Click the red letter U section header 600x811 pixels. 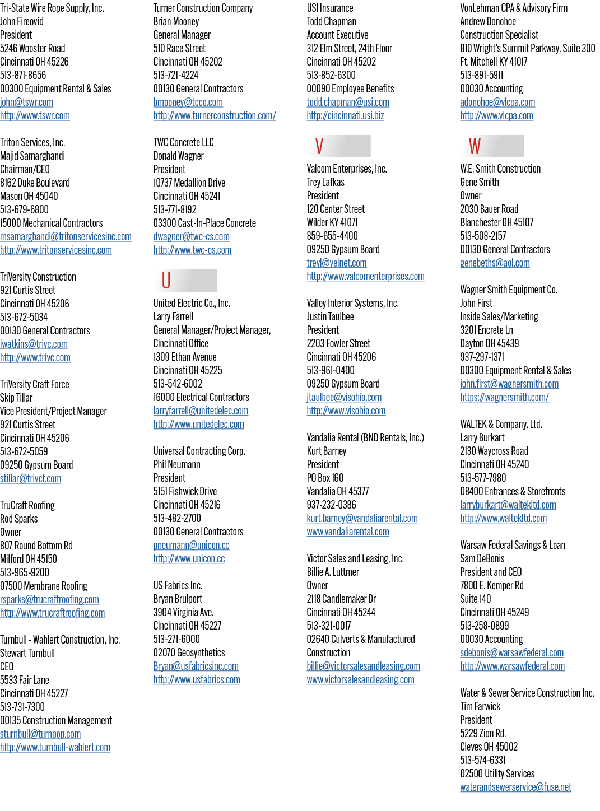click(166, 281)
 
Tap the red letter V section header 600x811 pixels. click(319, 146)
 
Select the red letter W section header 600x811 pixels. click(475, 146)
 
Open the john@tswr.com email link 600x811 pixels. click(26, 102)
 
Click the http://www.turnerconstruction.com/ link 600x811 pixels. click(215, 115)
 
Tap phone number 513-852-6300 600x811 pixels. click(331, 75)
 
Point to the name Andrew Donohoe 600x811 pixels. click(488, 21)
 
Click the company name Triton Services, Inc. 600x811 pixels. click(32, 142)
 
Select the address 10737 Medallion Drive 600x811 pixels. click(189, 183)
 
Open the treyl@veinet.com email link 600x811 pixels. click(337, 263)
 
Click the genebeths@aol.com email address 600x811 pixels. click(495, 263)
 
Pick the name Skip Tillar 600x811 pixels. click(16, 398)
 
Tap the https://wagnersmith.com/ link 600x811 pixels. click(505, 397)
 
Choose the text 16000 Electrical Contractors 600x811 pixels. click(201, 397)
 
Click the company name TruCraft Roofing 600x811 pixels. click(27, 505)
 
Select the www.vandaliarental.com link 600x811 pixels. click(348, 532)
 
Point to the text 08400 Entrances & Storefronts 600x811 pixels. click(513, 491)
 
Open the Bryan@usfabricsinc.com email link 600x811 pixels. click(196, 666)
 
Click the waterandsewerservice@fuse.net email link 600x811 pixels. click(515, 787)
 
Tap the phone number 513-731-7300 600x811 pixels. click(22, 707)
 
